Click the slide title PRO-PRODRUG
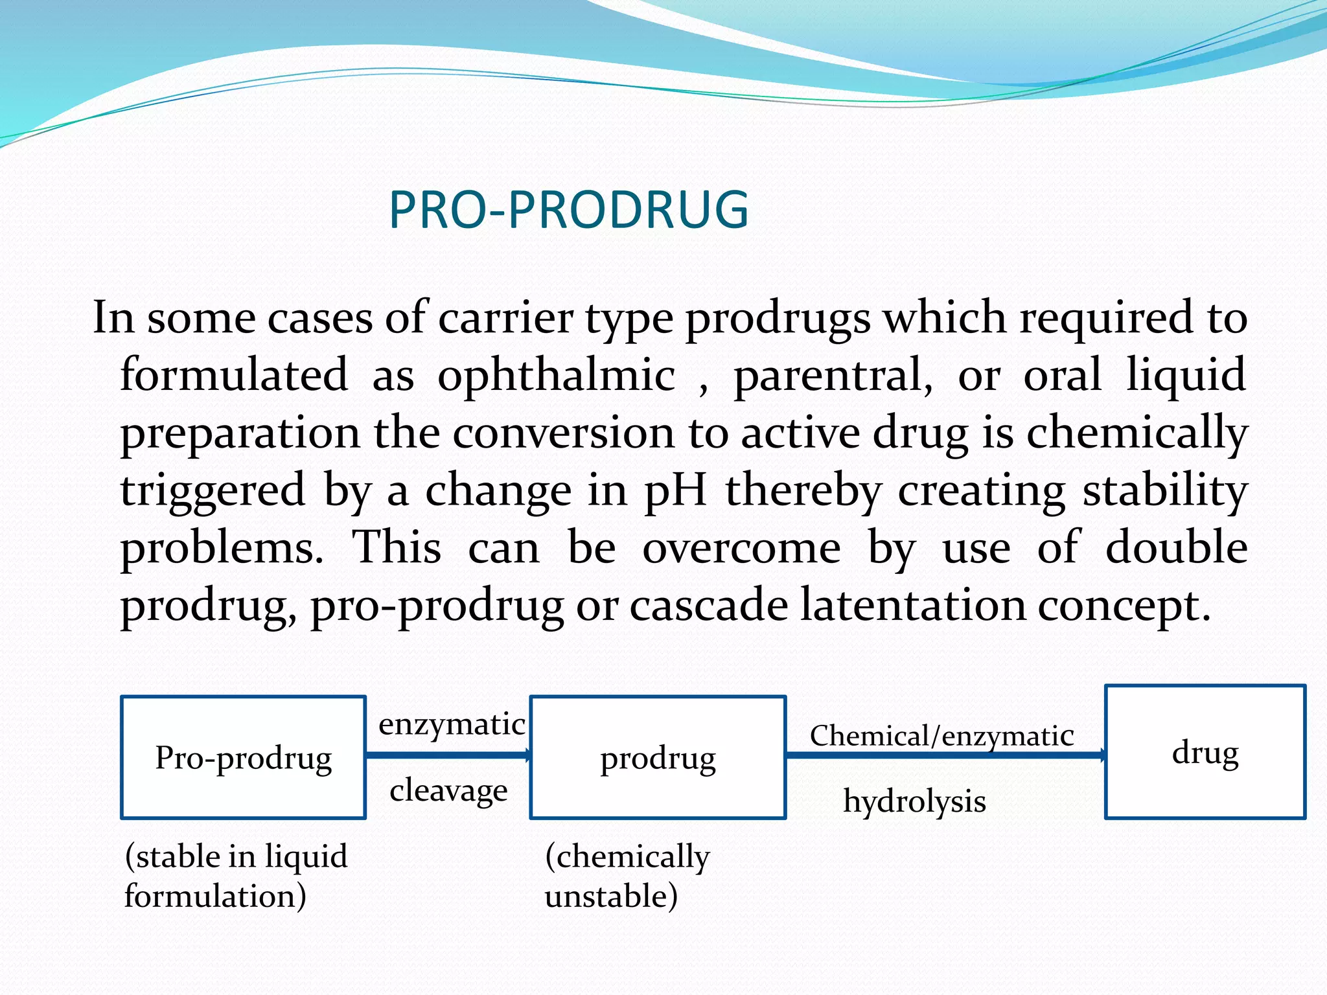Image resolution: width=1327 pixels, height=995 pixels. (569, 210)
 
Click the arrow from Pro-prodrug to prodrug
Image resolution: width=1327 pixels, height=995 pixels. (449, 755)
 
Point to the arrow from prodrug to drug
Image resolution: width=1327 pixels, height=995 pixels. (946, 755)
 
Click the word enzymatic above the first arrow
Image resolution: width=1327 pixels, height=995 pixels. (452, 724)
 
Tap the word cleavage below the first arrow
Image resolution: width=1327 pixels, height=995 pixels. (448, 791)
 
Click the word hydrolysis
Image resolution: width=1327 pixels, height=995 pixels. (914, 802)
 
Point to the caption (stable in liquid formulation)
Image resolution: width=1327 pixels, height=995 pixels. (236, 876)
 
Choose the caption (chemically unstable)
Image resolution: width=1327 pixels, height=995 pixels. (627, 876)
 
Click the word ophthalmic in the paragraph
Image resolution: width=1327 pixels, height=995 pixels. (556, 376)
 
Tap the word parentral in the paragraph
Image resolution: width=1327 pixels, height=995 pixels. (833, 376)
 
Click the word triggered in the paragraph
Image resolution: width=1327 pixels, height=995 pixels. (213, 492)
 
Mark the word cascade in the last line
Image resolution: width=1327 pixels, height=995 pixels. (709, 605)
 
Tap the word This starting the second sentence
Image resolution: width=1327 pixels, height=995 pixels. (397, 547)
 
